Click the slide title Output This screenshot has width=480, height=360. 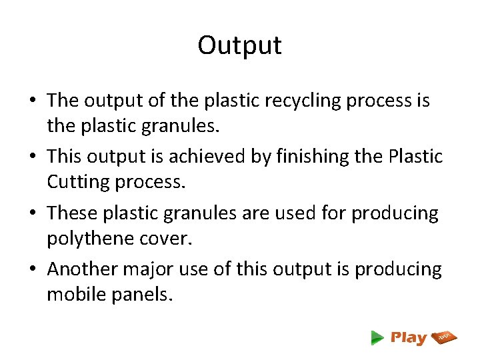pos(239,45)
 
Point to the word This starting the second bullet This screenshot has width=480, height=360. pos(65,157)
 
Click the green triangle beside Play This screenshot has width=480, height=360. pos(377,338)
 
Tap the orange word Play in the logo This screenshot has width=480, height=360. pos(408,338)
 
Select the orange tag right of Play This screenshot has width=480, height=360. pos(445,337)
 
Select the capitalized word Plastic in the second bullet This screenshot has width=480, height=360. pos(417,157)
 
